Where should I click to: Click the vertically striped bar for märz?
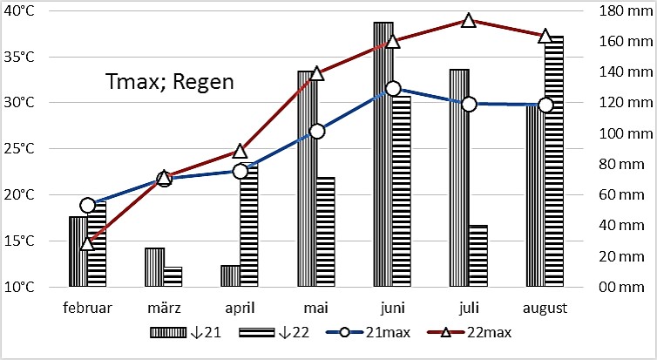coord(154,267)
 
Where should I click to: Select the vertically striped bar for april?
coord(230,275)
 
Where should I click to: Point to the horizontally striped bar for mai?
coord(325,231)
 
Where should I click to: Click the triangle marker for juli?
coord(469,20)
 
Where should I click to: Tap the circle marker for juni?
coord(393,88)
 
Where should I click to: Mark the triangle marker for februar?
coord(87,243)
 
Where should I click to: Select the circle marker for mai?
coord(316,132)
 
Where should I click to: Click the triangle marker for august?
coord(545,37)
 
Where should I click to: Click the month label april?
coord(240,308)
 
